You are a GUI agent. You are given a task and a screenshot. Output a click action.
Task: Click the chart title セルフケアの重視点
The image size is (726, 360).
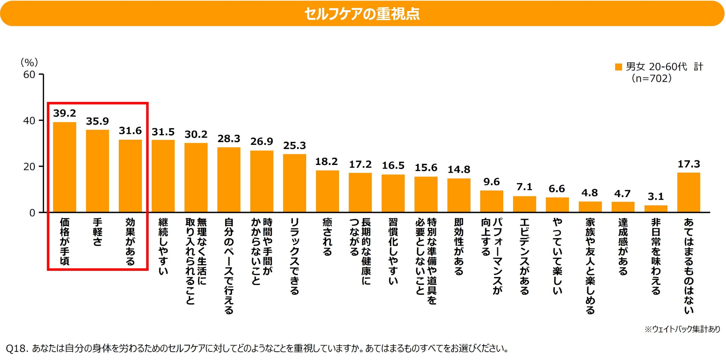(362, 14)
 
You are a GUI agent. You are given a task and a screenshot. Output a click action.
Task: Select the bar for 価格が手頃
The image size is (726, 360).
(65, 167)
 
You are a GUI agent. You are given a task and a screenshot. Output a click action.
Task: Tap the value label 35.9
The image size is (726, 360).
(97, 121)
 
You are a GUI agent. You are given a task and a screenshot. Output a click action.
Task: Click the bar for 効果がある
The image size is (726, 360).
(130, 176)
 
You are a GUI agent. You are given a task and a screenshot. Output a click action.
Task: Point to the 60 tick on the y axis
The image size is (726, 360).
(29, 75)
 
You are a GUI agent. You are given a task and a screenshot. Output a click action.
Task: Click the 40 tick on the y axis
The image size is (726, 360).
(29, 121)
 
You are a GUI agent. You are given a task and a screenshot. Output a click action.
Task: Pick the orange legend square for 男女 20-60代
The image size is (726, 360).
(618, 67)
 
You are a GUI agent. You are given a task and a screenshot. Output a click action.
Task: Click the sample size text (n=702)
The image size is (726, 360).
(652, 78)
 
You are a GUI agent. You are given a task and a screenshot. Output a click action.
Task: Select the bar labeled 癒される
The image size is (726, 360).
(327, 191)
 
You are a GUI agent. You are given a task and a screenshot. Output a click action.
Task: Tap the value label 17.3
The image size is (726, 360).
(688, 164)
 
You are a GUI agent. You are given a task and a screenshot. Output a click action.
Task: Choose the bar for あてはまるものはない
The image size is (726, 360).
(688, 193)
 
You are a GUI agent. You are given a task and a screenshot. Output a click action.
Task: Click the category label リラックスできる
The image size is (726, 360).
(295, 256)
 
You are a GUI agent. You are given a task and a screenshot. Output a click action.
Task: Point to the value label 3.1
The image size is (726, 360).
(655, 196)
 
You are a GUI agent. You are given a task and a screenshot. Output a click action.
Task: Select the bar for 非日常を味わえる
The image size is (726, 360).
(655, 209)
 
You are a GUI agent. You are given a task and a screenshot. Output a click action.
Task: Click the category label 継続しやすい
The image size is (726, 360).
(163, 246)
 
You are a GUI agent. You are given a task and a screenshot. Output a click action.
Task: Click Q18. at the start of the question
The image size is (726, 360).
(17, 348)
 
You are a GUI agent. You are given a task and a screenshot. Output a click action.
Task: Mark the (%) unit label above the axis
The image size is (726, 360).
(29, 62)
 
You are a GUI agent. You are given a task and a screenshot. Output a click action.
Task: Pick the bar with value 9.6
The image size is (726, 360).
(491, 201)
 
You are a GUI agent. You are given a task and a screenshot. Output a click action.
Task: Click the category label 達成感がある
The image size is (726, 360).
(623, 246)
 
